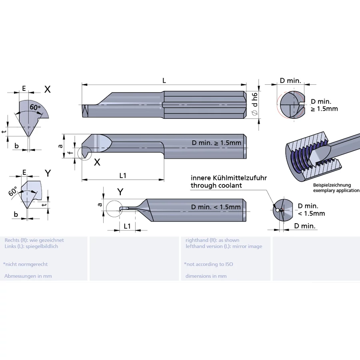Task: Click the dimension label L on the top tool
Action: pyautogui.click(x=164, y=80)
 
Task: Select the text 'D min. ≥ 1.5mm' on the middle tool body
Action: pyautogui.click(x=216, y=143)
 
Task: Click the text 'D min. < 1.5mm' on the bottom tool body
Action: pyautogui.click(x=216, y=207)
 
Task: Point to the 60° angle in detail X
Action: pyautogui.click(x=35, y=108)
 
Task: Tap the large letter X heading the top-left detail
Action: pyautogui.click(x=47, y=90)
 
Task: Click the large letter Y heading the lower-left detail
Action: pyautogui.click(x=48, y=173)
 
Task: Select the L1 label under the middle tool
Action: pyautogui.click(x=123, y=175)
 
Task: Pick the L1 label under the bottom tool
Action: pyautogui.click(x=127, y=226)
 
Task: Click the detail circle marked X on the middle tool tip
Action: pyautogui.click(x=84, y=153)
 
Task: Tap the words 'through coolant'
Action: pyautogui.click(x=216, y=185)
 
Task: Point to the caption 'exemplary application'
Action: pyautogui.click(x=336, y=190)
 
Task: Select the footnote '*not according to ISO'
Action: pyautogui.click(x=208, y=264)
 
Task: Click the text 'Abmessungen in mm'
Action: pyautogui.click(x=28, y=276)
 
